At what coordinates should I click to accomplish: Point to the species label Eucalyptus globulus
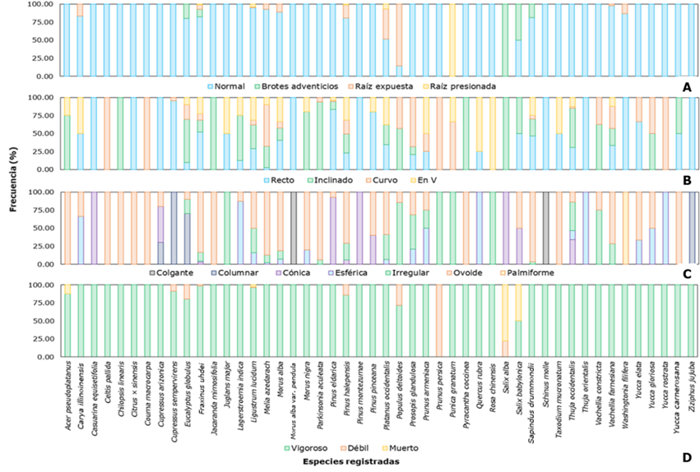188,400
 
